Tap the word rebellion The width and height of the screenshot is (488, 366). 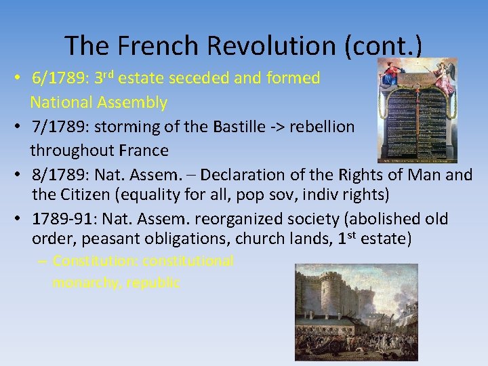click(x=321, y=127)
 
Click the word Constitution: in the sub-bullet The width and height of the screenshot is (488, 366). click(x=95, y=261)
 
